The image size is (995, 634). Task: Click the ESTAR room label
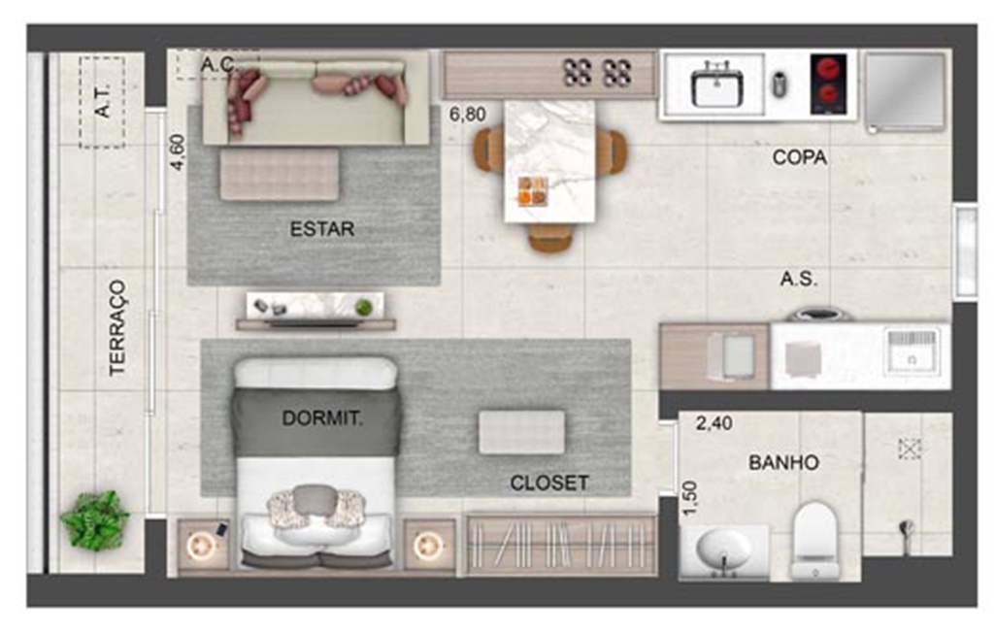tap(321, 228)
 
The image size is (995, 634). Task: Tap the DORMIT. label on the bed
tap(322, 417)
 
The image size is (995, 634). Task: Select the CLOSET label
tap(548, 483)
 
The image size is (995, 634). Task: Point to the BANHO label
tap(783, 462)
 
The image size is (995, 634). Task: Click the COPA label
tap(800, 157)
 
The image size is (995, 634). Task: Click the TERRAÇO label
tap(117, 327)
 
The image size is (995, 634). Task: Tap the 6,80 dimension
tap(468, 115)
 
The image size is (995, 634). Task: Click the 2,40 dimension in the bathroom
tap(713, 422)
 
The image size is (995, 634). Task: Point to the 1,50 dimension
tap(689, 498)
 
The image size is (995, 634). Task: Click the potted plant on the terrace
tap(95, 520)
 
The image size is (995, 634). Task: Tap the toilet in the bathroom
tap(815, 540)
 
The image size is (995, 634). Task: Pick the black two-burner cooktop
tap(828, 84)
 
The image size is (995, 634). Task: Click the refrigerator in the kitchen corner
tap(906, 92)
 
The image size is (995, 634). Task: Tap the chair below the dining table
tap(550, 237)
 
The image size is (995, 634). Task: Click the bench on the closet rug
tap(521, 432)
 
